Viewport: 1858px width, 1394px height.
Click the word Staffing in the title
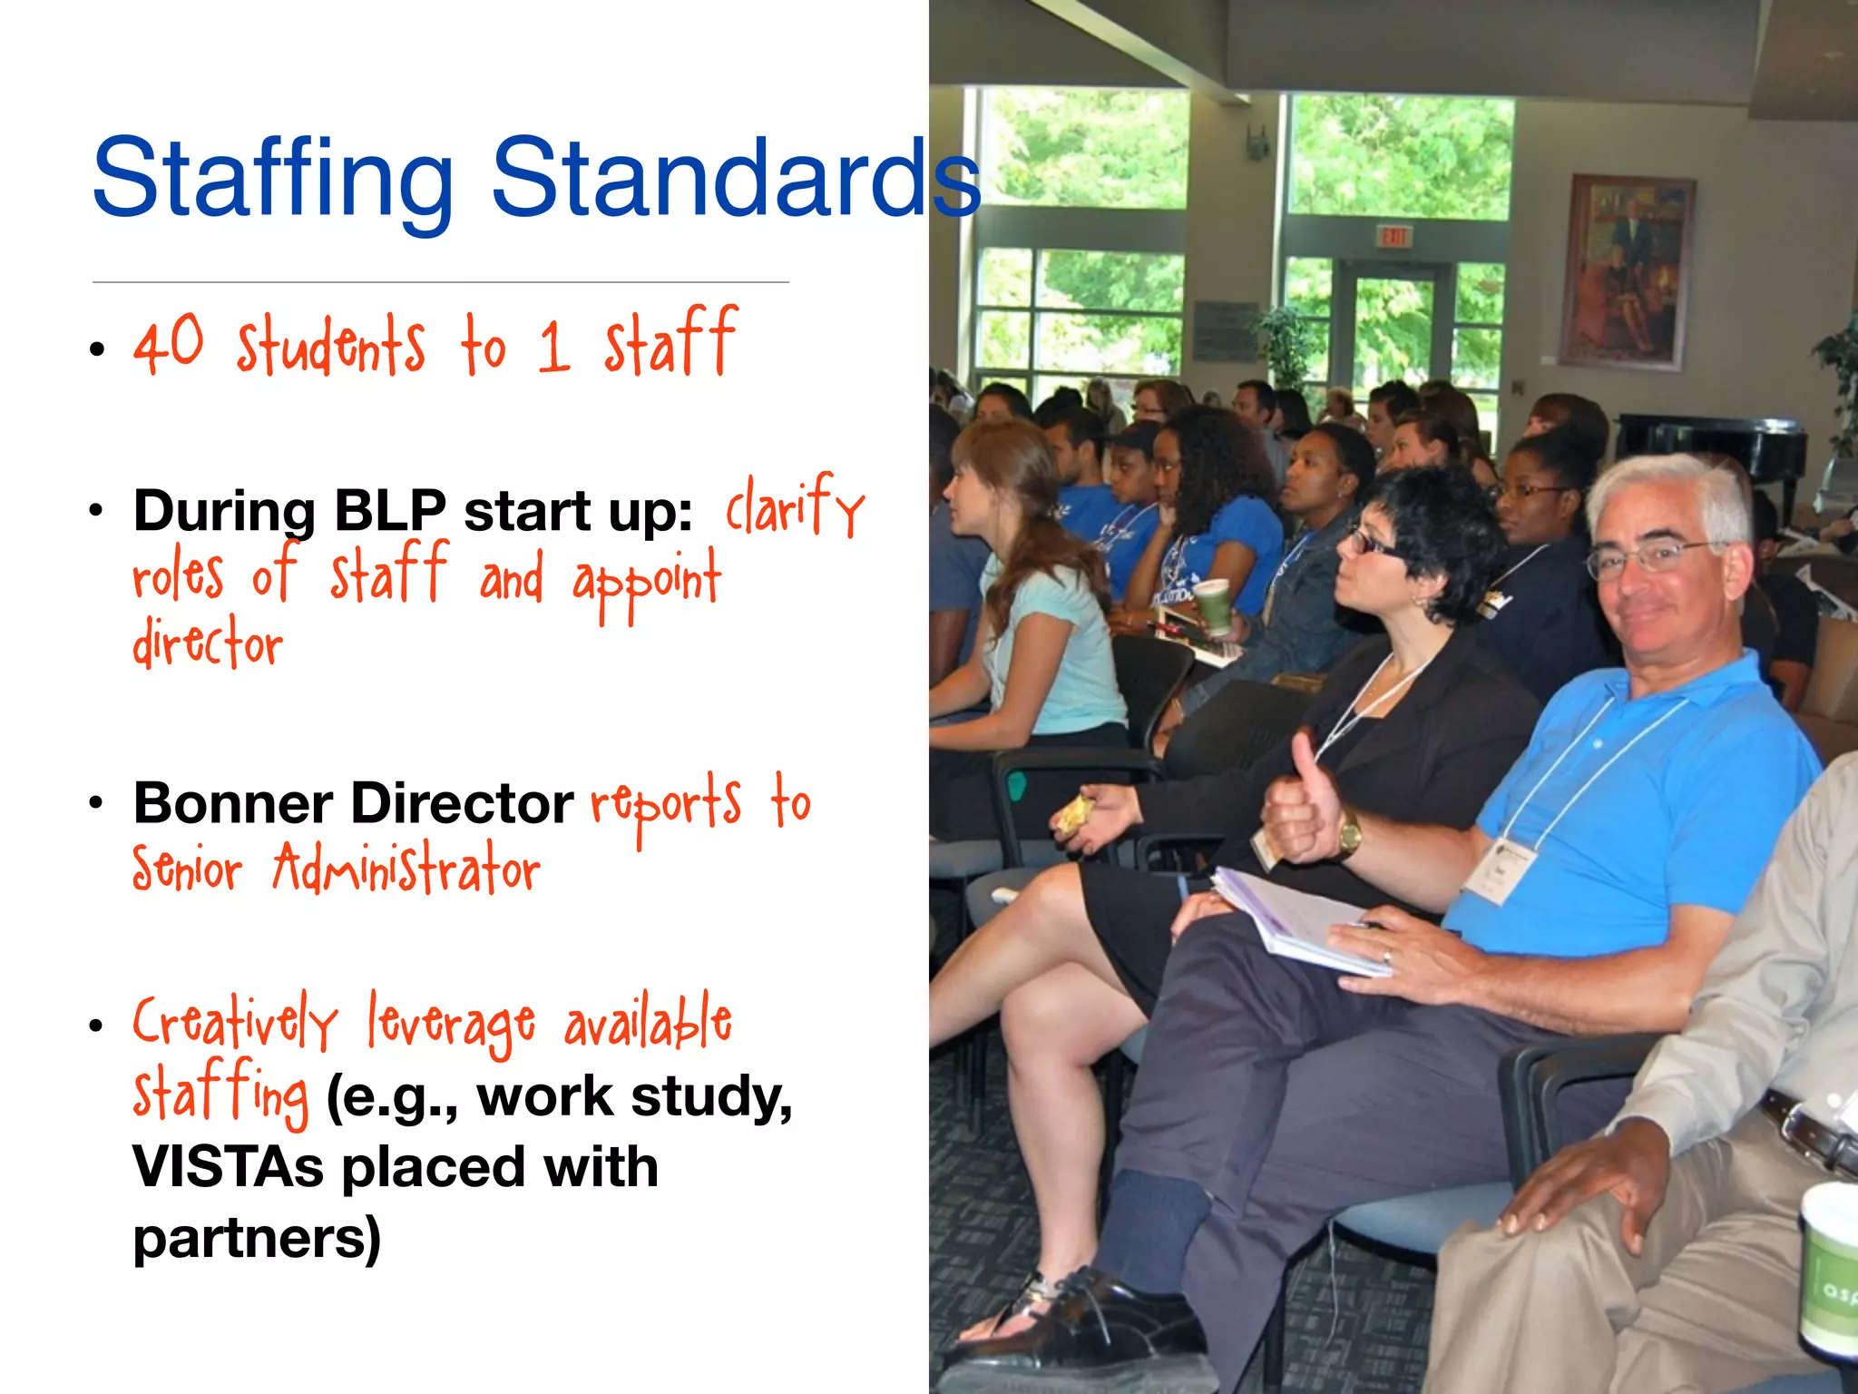(272, 178)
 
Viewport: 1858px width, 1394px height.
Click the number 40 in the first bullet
(169, 345)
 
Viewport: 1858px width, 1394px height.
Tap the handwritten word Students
(331, 346)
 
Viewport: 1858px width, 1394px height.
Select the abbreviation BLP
(390, 511)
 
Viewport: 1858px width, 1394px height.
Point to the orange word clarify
(795, 508)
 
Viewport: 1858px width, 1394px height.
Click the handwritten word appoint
(646, 581)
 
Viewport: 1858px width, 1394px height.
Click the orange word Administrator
(406, 869)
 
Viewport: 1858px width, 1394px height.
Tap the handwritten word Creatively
(235, 1023)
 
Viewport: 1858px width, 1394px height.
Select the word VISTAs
(228, 1167)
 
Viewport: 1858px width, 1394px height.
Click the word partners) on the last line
(257, 1238)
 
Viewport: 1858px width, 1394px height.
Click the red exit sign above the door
(1393, 237)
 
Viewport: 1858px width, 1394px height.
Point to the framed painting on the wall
(1627, 271)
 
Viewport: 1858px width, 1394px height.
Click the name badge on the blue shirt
(1501, 869)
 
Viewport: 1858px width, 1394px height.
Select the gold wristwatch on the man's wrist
(1350, 832)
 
